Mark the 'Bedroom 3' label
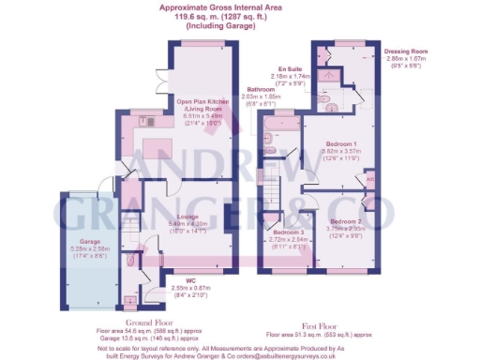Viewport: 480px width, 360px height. (289, 231)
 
